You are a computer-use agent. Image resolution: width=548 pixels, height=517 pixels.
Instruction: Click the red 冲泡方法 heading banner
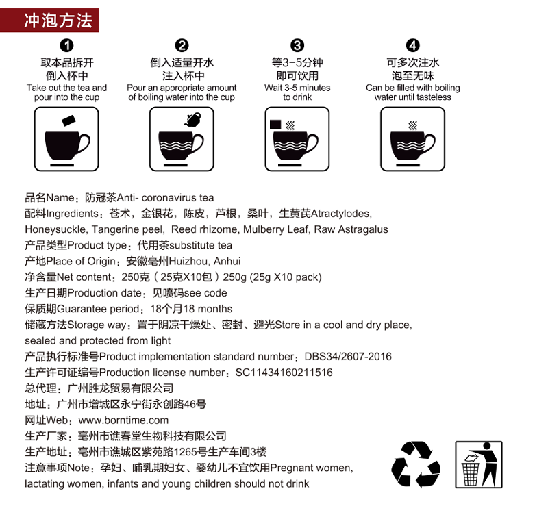(x=49, y=21)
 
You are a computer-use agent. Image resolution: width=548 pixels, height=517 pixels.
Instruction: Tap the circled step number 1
(x=66, y=45)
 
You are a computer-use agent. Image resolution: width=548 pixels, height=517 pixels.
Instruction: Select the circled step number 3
(x=297, y=45)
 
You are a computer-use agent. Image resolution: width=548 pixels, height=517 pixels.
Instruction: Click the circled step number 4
(x=412, y=45)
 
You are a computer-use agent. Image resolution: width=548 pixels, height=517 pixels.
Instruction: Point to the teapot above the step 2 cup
(x=192, y=120)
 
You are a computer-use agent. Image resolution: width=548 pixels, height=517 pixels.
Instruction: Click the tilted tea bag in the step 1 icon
(x=68, y=121)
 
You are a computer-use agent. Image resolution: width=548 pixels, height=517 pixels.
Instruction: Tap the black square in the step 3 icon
(x=275, y=125)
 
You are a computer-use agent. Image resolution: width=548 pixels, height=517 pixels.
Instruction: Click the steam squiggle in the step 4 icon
(x=413, y=125)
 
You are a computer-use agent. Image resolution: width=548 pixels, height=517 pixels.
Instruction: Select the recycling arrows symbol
(x=416, y=464)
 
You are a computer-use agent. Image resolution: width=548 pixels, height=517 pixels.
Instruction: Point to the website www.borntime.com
(x=123, y=420)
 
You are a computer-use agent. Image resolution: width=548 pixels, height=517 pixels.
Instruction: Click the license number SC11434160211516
(x=284, y=373)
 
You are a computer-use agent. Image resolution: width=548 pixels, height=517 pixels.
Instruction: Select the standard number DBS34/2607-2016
(x=348, y=356)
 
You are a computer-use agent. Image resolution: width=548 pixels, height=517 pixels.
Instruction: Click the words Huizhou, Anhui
(x=204, y=262)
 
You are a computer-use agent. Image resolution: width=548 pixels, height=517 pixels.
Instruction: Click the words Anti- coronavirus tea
(x=165, y=198)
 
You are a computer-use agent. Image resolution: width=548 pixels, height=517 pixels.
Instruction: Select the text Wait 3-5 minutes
(x=297, y=88)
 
